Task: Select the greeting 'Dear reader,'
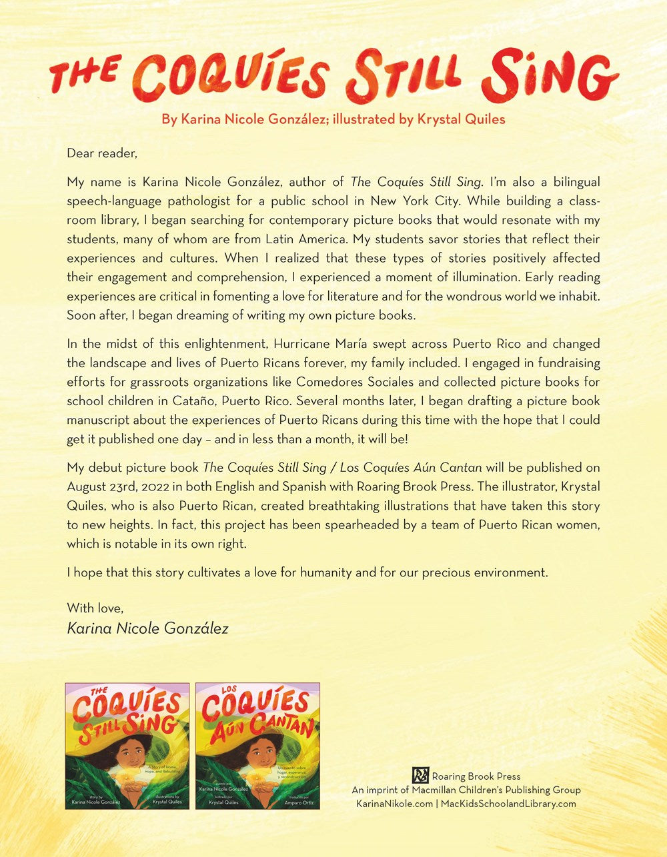point(101,153)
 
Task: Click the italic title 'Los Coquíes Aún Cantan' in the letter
point(416,467)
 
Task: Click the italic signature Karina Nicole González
point(147,628)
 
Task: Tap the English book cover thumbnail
point(127,745)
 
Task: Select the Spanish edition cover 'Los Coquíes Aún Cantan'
point(257,745)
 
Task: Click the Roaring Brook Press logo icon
point(420,775)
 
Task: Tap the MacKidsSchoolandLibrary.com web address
point(508,804)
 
